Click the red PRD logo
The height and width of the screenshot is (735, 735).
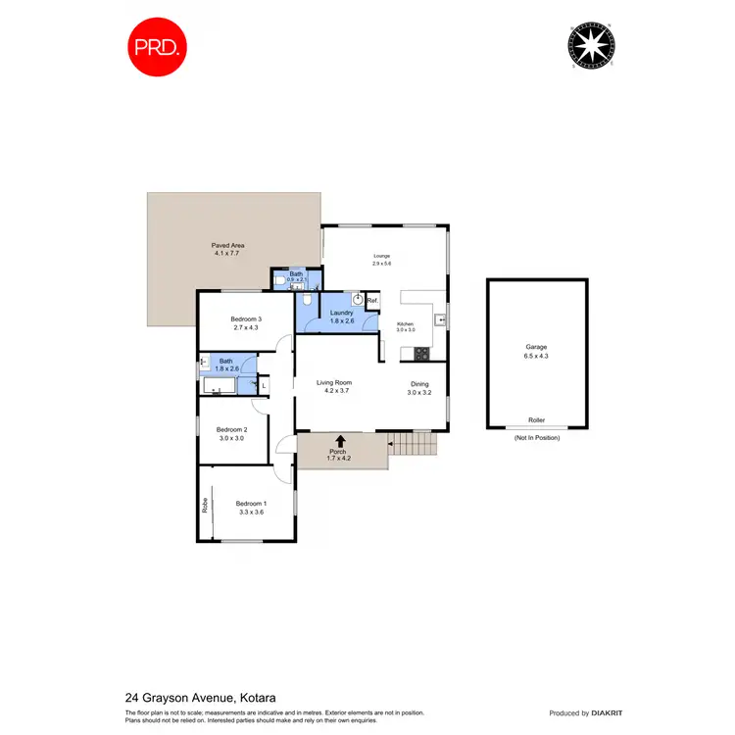pyautogui.click(x=158, y=46)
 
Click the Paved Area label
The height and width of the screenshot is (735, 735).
pyautogui.click(x=227, y=245)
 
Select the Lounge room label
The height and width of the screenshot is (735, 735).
pyautogui.click(x=381, y=256)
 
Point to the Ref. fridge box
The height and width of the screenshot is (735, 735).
pyautogui.click(x=372, y=300)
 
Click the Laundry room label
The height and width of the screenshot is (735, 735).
pyautogui.click(x=328, y=314)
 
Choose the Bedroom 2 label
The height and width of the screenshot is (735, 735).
pyautogui.click(x=230, y=429)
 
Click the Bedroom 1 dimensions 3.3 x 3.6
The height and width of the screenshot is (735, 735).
pyautogui.click(x=251, y=512)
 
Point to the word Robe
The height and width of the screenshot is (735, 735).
pyautogui.click(x=206, y=506)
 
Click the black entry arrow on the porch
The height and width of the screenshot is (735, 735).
pyautogui.click(x=340, y=442)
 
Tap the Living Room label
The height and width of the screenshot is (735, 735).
pyautogui.click(x=333, y=382)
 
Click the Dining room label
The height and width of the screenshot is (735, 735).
pyautogui.click(x=419, y=384)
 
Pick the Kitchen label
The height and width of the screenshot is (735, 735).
pyautogui.click(x=405, y=323)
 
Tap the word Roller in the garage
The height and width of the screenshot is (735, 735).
pyautogui.click(x=536, y=419)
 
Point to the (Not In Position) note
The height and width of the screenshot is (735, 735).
pyautogui.click(x=536, y=437)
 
